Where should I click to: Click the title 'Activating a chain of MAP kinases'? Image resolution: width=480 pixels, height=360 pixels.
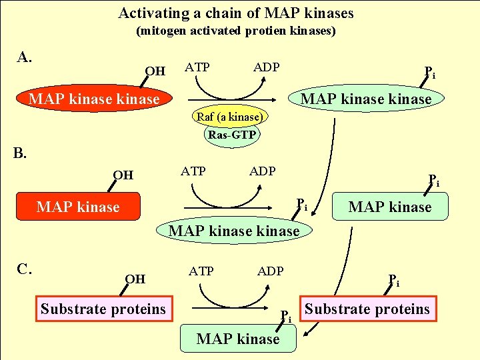(236, 13)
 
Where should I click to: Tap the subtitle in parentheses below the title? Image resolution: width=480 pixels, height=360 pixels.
(236, 31)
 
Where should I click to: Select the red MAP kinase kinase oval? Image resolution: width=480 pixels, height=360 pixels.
(94, 99)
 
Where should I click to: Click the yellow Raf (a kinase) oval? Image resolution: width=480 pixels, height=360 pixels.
(230, 116)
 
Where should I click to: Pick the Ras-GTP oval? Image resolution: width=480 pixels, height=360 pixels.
(232, 135)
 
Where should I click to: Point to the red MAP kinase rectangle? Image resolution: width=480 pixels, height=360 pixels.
(79, 206)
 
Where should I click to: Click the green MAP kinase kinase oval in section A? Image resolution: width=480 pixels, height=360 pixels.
(366, 98)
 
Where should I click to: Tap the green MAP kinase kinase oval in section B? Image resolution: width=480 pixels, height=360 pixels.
(234, 230)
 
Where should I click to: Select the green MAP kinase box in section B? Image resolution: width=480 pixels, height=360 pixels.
(390, 206)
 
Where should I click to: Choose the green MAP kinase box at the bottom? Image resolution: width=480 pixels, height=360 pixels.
(238, 338)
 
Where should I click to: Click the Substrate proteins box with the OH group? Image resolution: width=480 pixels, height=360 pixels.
(104, 309)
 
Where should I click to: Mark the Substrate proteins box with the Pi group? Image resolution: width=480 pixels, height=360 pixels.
(368, 309)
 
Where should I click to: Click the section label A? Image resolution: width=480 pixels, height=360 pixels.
(24, 57)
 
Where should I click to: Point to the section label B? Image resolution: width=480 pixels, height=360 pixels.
(20, 153)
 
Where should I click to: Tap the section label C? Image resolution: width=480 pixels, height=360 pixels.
(25, 269)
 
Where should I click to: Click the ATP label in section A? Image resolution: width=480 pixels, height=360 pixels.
(197, 67)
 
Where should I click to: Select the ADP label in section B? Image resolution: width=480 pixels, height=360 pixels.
(263, 171)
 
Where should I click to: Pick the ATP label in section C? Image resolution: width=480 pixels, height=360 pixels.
(201, 271)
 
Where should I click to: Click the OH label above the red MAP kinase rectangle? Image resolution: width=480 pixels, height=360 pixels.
(123, 175)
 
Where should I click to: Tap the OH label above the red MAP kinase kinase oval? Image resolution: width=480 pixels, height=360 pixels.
(155, 71)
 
